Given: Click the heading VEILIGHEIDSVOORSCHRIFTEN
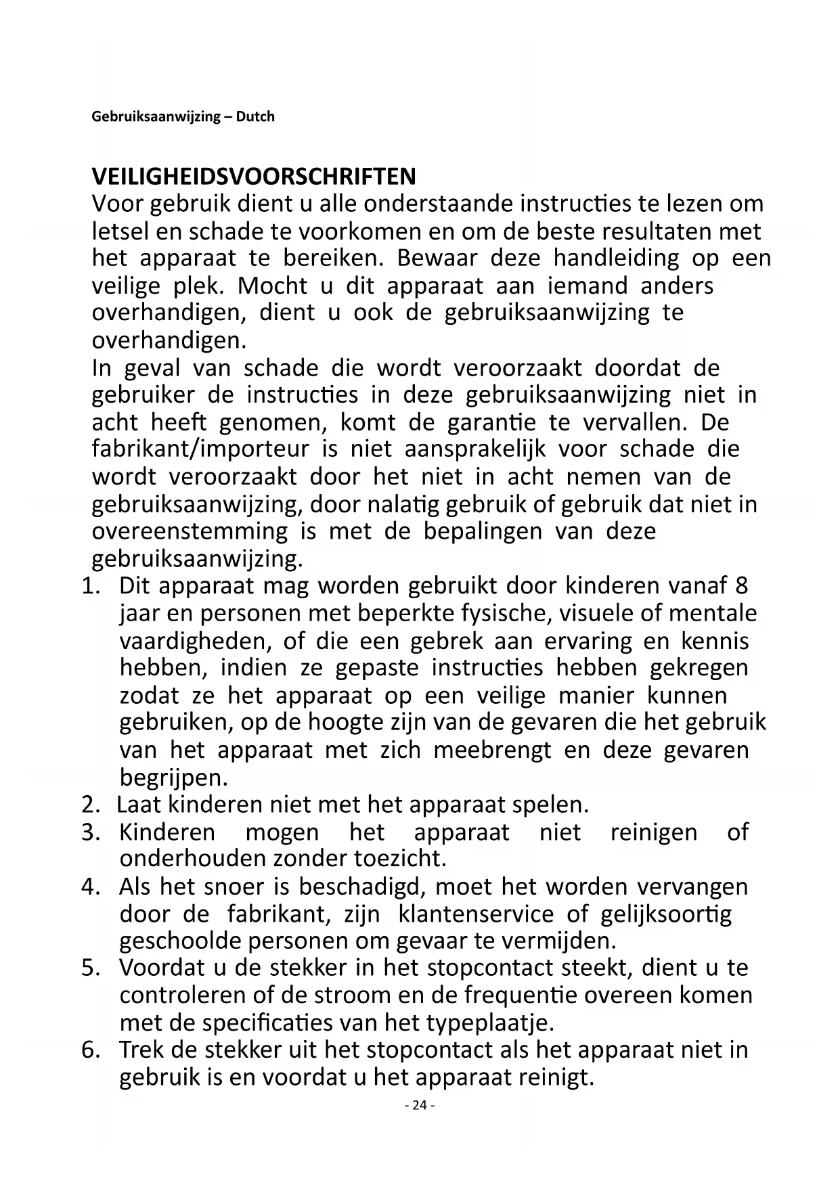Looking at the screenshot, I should (254, 177).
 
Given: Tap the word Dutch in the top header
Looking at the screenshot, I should (255, 116).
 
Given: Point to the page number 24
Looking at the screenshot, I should (420, 1105).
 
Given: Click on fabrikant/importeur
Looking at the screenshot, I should (200, 449).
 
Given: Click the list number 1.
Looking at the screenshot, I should (91, 586).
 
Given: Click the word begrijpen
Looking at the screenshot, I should (173, 778).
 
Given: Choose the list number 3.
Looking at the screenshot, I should (91, 832).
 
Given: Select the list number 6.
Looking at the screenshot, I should (91, 1050).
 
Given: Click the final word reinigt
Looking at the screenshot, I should (555, 1077).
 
